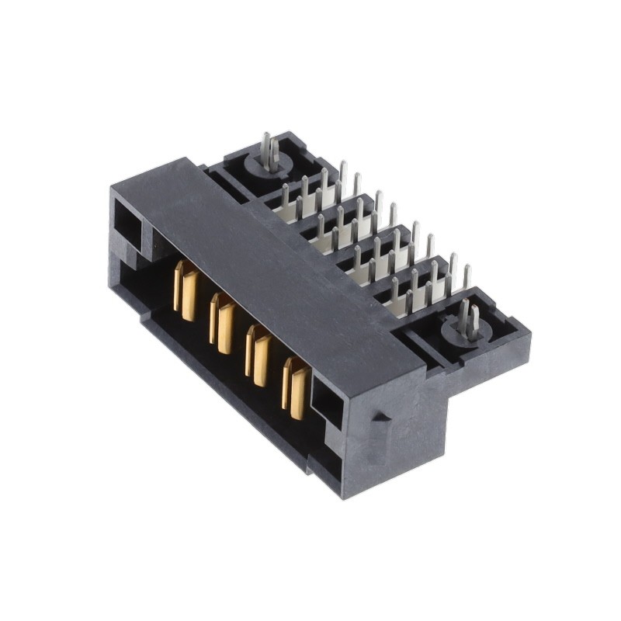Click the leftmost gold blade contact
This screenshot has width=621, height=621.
(x=186, y=291)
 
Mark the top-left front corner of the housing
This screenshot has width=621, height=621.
(x=113, y=190)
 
